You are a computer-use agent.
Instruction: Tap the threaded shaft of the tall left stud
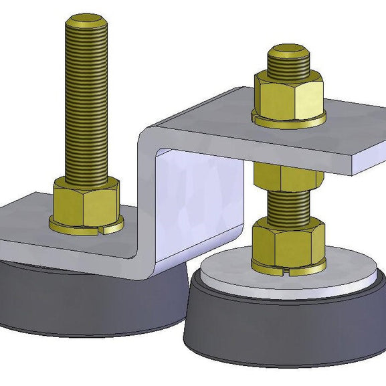click(86, 100)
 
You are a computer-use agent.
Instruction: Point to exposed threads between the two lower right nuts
click(288, 207)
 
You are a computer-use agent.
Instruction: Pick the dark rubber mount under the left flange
click(67, 301)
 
